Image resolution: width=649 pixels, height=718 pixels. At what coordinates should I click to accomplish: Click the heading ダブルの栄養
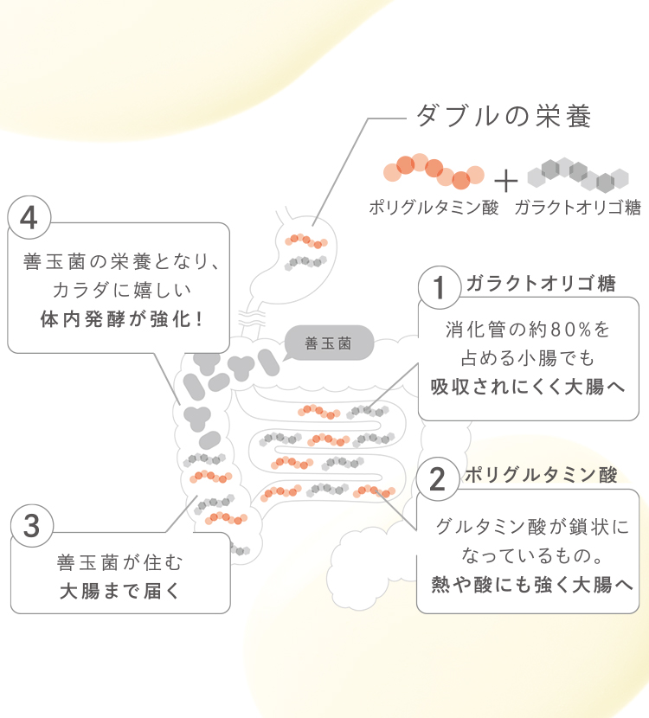504,116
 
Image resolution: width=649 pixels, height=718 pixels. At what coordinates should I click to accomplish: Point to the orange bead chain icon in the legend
434,171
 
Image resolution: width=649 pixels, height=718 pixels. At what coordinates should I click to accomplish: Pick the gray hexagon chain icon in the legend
572,172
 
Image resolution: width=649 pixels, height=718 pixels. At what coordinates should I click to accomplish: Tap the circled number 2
438,478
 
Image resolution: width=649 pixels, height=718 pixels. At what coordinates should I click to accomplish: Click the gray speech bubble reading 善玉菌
329,343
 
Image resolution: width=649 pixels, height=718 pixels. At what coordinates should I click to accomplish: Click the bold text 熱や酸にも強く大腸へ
528,585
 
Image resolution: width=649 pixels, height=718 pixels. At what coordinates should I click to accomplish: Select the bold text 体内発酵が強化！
121,318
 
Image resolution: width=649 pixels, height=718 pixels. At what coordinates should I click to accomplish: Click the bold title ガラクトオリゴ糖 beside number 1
541,284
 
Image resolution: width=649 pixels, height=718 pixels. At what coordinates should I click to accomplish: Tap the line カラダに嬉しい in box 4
121,289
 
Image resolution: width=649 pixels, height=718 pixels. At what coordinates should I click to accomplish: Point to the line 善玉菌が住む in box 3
121,563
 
